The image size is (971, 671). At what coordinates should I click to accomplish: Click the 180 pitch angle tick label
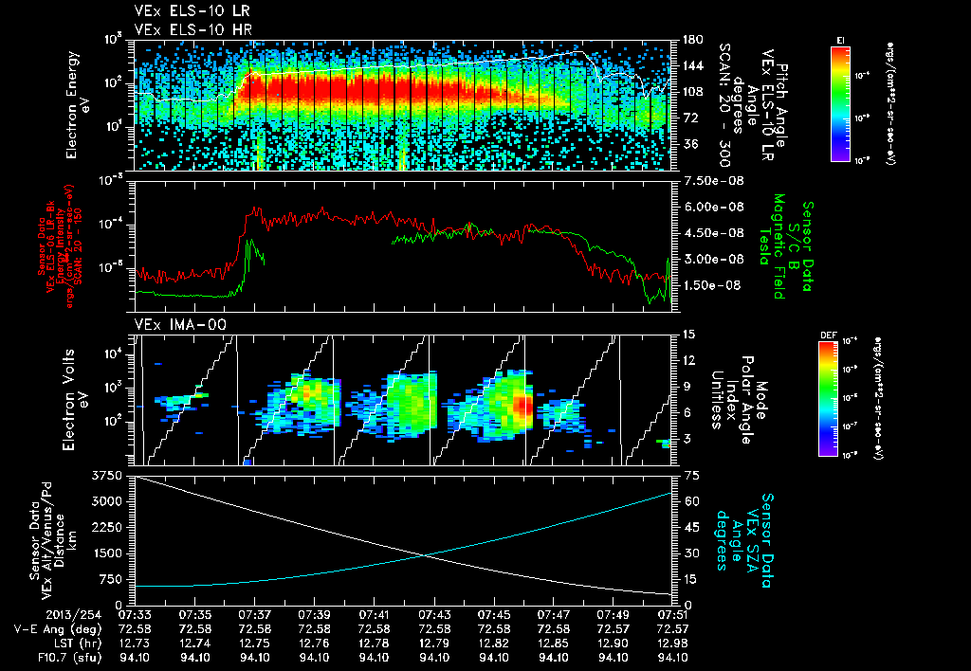pyautogui.click(x=690, y=40)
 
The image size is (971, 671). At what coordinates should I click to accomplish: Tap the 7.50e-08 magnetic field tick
pyautogui.click(x=707, y=181)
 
